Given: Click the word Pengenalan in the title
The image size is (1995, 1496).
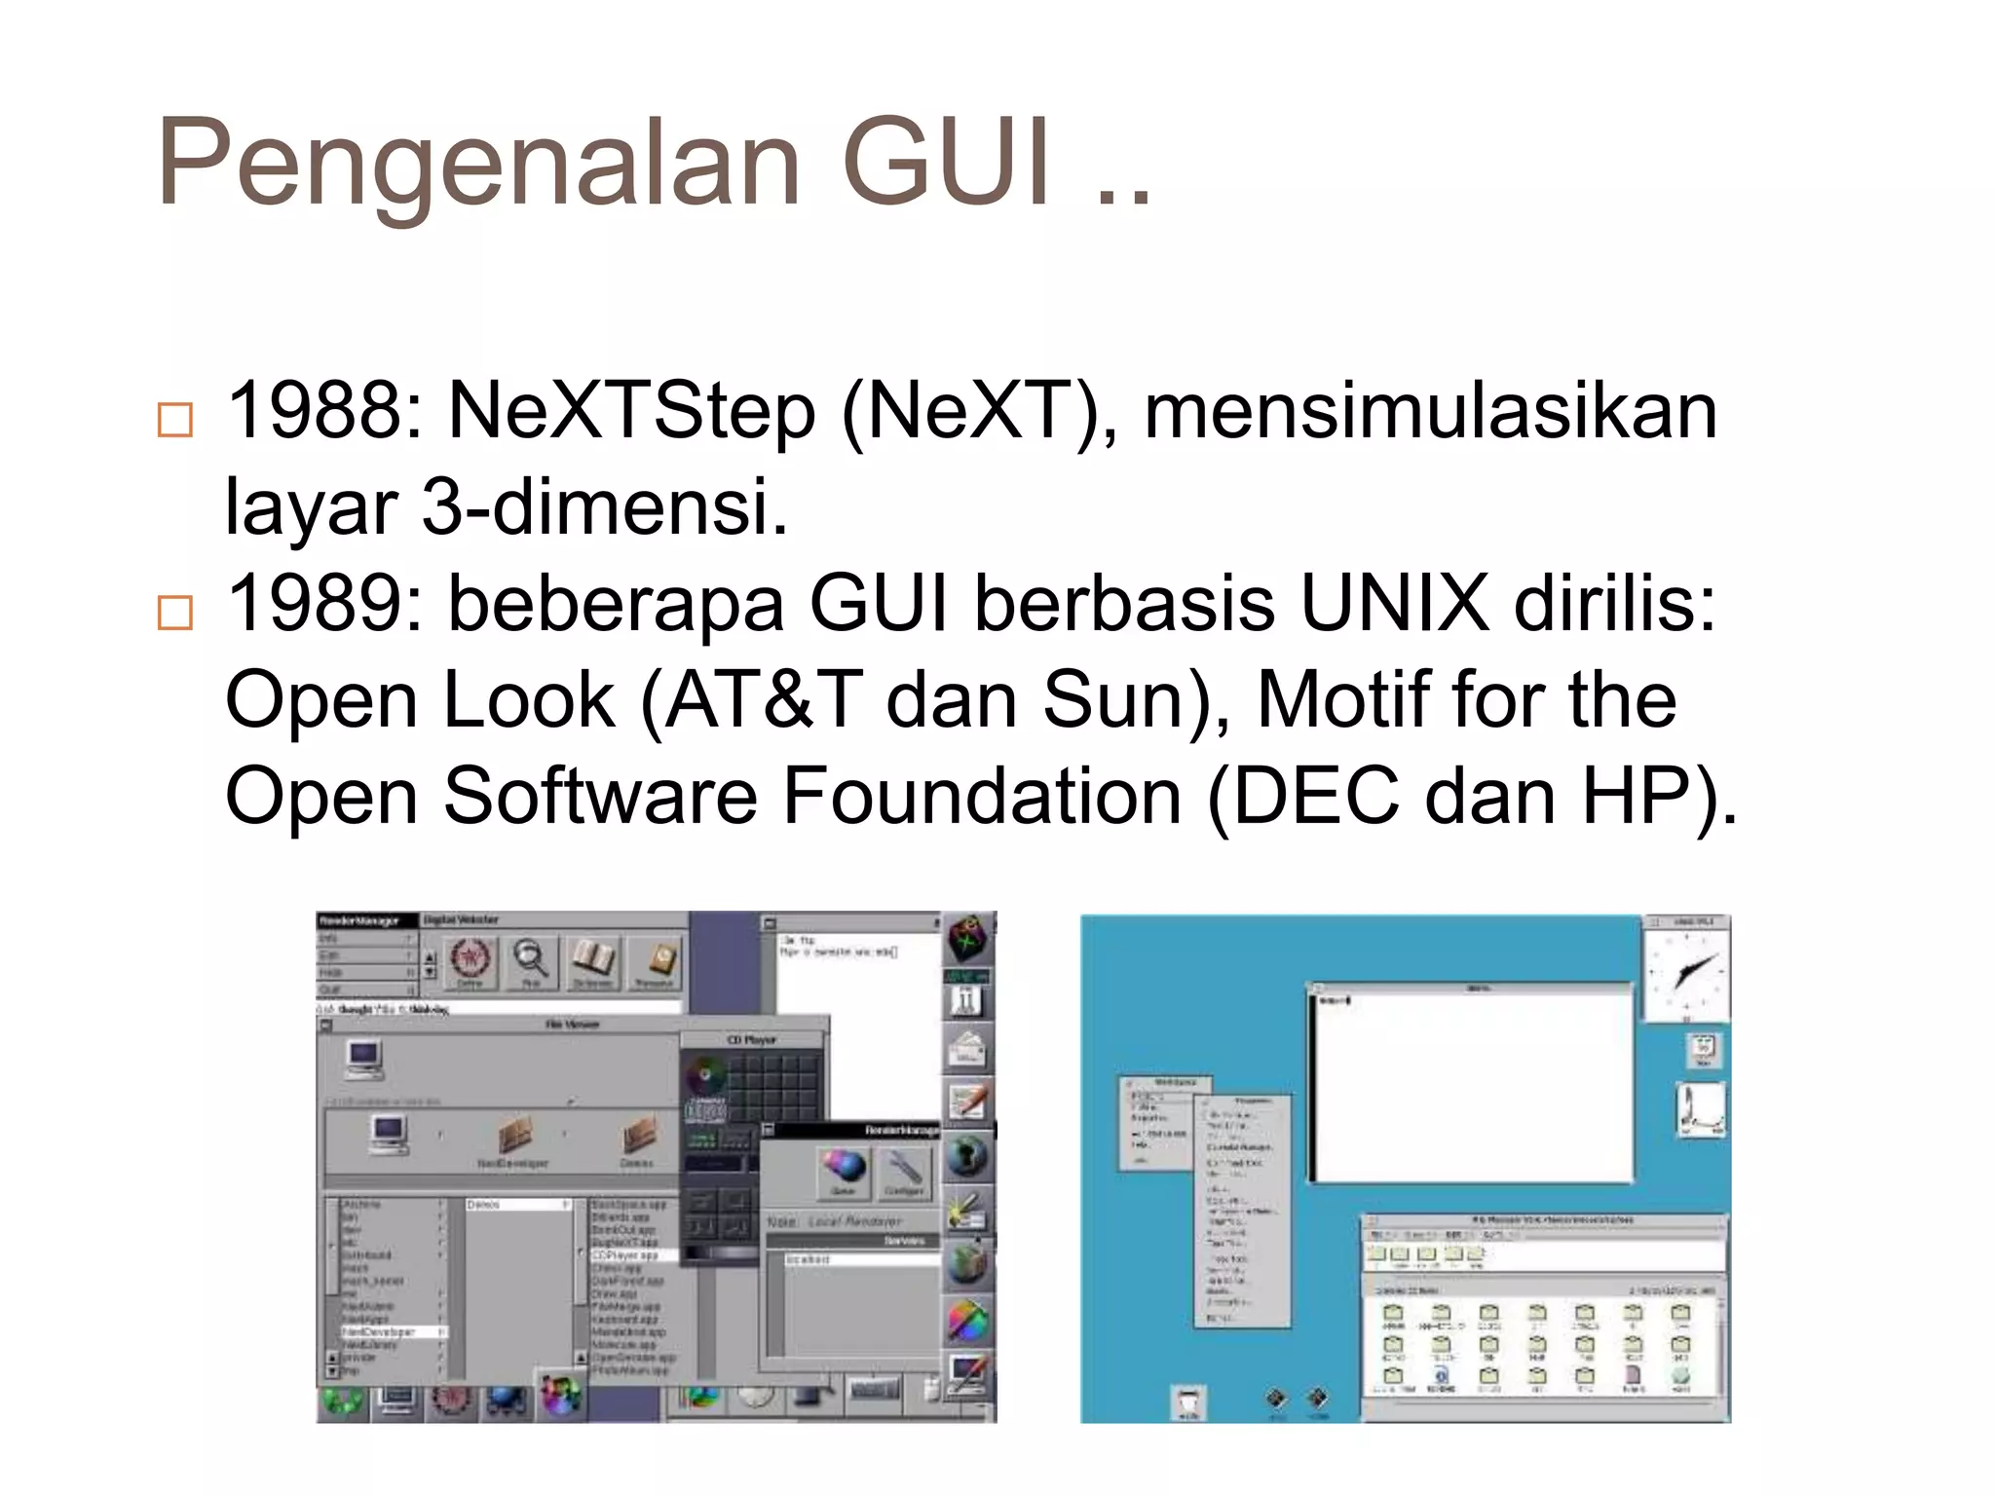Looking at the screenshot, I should click(x=477, y=164).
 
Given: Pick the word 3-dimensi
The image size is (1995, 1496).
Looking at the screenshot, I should click(x=604, y=507).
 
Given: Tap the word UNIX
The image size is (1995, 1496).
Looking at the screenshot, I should click(x=1394, y=604).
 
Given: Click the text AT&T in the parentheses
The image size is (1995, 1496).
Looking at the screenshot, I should click(x=764, y=699).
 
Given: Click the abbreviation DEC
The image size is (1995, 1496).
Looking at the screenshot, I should click(x=1318, y=796).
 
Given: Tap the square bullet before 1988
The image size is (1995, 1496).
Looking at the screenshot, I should click(x=175, y=420).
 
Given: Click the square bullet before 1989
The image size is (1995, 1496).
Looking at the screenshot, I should click(x=175, y=613).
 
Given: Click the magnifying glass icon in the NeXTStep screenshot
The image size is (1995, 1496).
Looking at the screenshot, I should click(x=531, y=959).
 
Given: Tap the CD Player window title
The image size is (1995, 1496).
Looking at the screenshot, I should click(x=751, y=1040).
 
